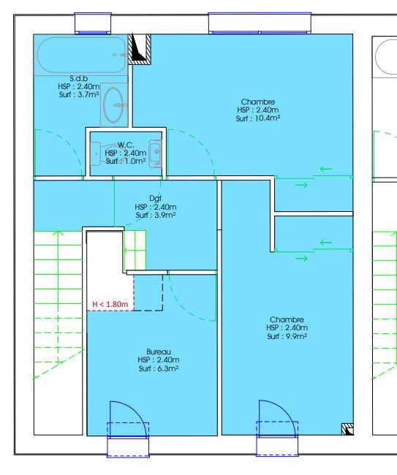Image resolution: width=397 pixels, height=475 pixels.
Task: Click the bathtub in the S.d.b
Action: pyautogui.click(x=81, y=55)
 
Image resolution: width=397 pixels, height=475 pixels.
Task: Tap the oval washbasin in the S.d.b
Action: pyautogui.click(x=113, y=104)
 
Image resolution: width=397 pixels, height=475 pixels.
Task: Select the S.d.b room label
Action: pyautogui.click(x=79, y=79)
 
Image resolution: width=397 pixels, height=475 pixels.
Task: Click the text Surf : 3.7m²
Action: pyautogui.click(x=79, y=94)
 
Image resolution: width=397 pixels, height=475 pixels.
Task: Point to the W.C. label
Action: pyautogui.click(x=126, y=145)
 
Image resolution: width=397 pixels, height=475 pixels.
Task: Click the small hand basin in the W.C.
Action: pyautogui.click(x=156, y=153)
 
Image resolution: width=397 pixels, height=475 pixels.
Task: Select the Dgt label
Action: pyautogui.click(x=156, y=199)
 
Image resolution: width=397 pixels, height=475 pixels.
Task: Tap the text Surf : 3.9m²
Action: pyautogui.click(x=156, y=216)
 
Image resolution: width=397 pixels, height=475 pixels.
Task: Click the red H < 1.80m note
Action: pyautogui.click(x=110, y=304)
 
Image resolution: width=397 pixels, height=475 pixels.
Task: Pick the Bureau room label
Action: pyautogui.click(x=159, y=351)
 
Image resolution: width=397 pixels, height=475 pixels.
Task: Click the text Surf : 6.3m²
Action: pyautogui.click(x=159, y=368)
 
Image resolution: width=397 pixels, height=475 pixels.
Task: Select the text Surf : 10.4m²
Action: pyautogui.click(x=258, y=118)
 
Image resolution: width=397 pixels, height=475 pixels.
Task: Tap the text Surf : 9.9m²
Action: pyautogui.click(x=287, y=336)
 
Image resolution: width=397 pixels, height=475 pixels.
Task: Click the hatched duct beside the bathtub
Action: pyautogui.click(x=140, y=49)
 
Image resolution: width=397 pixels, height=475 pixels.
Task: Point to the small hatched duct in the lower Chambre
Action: pyautogui.click(x=347, y=429)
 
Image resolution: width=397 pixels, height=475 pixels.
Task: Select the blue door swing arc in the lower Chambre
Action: pyautogui.click(x=284, y=411)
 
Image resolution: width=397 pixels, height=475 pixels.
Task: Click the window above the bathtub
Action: pyautogui.click(x=93, y=23)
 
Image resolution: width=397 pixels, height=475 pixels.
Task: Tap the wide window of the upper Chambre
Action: pyautogui.click(x=260, y=23)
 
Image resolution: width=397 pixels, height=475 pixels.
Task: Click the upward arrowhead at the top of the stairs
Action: pyautogui.click(x=58, y=232)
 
